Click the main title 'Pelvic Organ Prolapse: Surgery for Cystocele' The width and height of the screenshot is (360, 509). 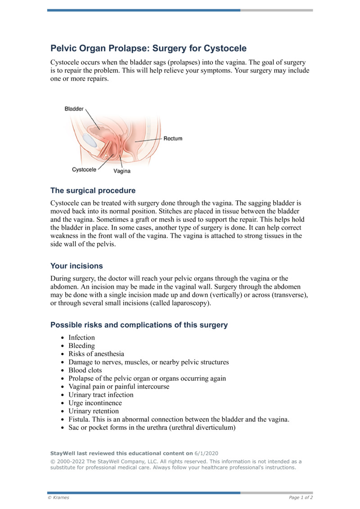pos(148,48)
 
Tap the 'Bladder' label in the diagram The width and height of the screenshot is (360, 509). pos(74,109)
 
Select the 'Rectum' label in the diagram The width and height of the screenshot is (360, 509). pos(173,139)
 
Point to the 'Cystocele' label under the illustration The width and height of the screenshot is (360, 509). pos(84,170)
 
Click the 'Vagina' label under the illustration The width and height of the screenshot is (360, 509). pos(122,171)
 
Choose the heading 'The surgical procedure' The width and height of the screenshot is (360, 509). pos(93,190)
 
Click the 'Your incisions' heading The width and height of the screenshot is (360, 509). pos(76,266)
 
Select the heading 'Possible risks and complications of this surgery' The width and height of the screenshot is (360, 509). pos(139,325)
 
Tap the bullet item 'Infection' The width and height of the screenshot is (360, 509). pos(81,338)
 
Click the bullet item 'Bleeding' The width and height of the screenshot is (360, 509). pos(81,346)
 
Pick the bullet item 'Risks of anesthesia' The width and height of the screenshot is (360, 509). pos(96,354)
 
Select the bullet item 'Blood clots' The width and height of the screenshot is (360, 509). pos(85,370)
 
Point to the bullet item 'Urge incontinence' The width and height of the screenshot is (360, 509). pos(95,403)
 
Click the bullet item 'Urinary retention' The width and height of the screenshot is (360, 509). pos(94,411)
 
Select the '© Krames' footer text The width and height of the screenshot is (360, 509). pos(58,497)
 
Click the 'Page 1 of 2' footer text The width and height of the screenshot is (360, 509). pos(301,497)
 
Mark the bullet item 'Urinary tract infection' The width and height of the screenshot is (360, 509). pos(101,395)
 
